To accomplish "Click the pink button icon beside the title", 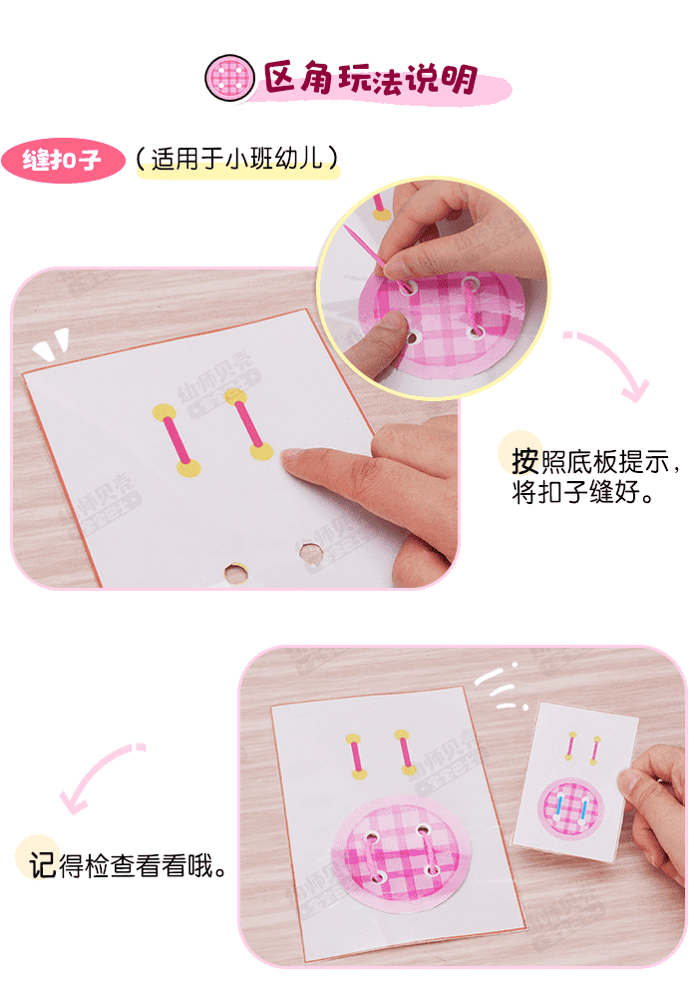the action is pyautogui.click(x=230, y=78).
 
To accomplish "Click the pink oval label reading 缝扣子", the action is pyautogui.click(x=63, y=161).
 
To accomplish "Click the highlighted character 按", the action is pyautogui.click(x=524, y=461).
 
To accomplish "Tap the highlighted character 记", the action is pyautogui.click(x=42, y=865).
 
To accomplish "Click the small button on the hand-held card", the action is pyautogui.click(x=571, y=808).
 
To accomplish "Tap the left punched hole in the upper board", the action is pyautogui.click(x=235, y=573).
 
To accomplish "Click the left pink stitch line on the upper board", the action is pyautogui.click(x=175, y=439).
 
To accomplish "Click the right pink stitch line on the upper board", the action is pyautogui.click(x=248, y=423).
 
